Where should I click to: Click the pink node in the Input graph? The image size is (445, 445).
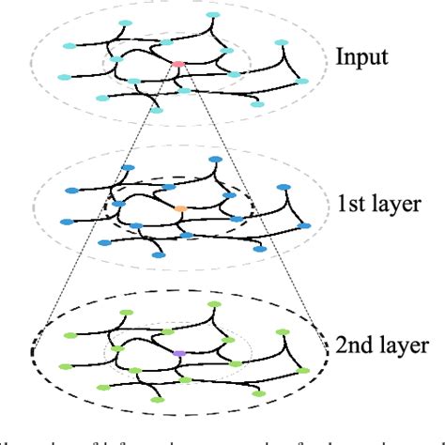coord(177,64)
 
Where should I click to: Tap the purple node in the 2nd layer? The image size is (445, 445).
coord(178,352)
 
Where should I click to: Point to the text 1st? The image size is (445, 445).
coord(349,201)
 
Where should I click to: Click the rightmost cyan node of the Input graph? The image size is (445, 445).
coord(302,81)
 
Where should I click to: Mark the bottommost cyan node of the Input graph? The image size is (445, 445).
coord(156,110)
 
